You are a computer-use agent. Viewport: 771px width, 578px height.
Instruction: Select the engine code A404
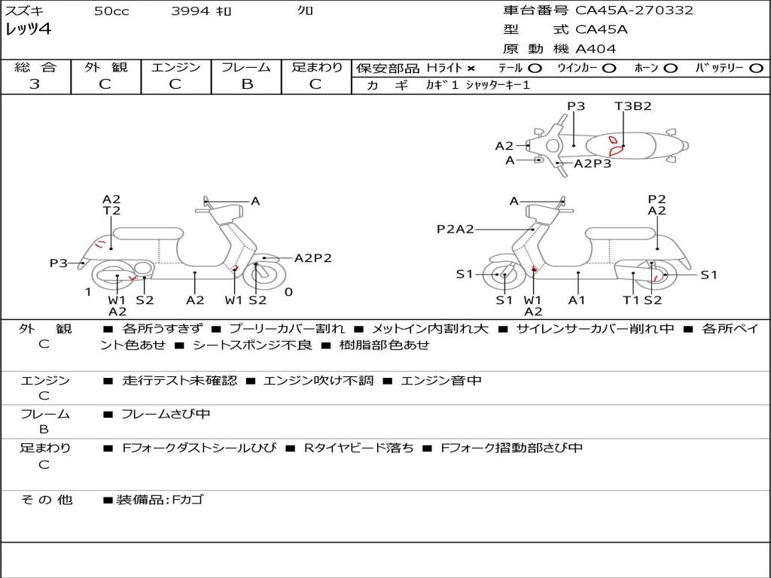pyautogui.click(x=596, y=49)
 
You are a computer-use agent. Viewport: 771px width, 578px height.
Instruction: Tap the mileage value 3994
pyautogui.click(x=190, y=11)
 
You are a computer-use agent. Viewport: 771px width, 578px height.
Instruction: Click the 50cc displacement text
pyautogui.click(x=111, y=11)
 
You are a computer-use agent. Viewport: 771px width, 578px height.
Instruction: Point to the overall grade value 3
pyautogui.click(x=35, y=84)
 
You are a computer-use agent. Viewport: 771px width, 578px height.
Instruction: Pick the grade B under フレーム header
pyautogui.click(x=246, y=84)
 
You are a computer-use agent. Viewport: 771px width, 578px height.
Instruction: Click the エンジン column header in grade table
pyautogui.click(x=175, y=67)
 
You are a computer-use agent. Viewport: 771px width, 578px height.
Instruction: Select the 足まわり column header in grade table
pyautogui.click(x=316, y=67)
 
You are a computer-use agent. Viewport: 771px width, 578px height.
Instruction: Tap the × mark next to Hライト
pyautogui.click(x=471, y=68)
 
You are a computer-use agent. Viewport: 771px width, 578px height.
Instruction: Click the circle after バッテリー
pyautogui.click(x=756, y=68)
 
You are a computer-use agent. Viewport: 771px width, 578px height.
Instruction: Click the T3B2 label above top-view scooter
pyautogui.click(x=632, y=106)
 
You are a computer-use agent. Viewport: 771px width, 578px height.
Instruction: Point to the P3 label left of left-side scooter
pyautogui.click(x=59, y=263)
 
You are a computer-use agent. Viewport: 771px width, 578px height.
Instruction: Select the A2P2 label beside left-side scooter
pyautogui.click(x=312, y=258)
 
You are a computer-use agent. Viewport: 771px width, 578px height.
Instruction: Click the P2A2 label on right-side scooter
pyautogui.click(x=456, y=229)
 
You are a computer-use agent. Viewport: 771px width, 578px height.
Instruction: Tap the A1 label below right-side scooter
pyautogui.click(x=577, y=300)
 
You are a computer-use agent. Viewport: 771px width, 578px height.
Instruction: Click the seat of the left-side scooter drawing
pyautogui.click(x=148, y=233)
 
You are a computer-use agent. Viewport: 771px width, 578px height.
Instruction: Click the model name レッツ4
pyautogui.click(x=29, y=30)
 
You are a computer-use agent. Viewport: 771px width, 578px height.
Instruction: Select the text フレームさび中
pyautogui.click(x=166, y=414)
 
